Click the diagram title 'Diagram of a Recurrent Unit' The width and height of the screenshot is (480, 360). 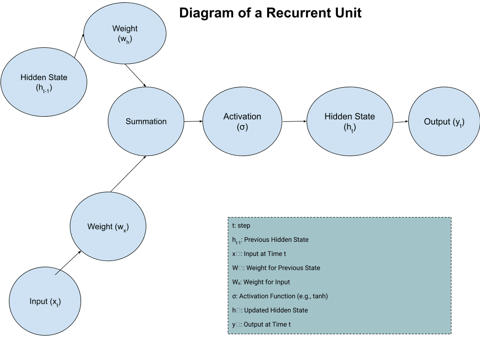[270, 13]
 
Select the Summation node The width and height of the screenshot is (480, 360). [146, 121]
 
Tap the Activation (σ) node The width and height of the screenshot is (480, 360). [242, 121]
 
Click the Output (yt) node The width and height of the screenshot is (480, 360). [444, 122]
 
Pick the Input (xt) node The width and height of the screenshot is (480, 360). [45, 302]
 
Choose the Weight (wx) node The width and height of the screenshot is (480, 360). [108, 227]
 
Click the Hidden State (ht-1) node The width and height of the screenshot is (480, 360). [44, 82]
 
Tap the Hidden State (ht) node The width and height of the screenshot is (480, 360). [350, 121]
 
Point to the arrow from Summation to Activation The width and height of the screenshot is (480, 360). [193, 121]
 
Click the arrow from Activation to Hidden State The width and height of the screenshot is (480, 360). [294, 121]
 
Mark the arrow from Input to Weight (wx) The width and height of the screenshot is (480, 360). [68, 262]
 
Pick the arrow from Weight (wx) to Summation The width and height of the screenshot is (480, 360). [128, 174]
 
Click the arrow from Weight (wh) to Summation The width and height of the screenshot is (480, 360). [136, 75]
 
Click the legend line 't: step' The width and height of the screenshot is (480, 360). [241, 225]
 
